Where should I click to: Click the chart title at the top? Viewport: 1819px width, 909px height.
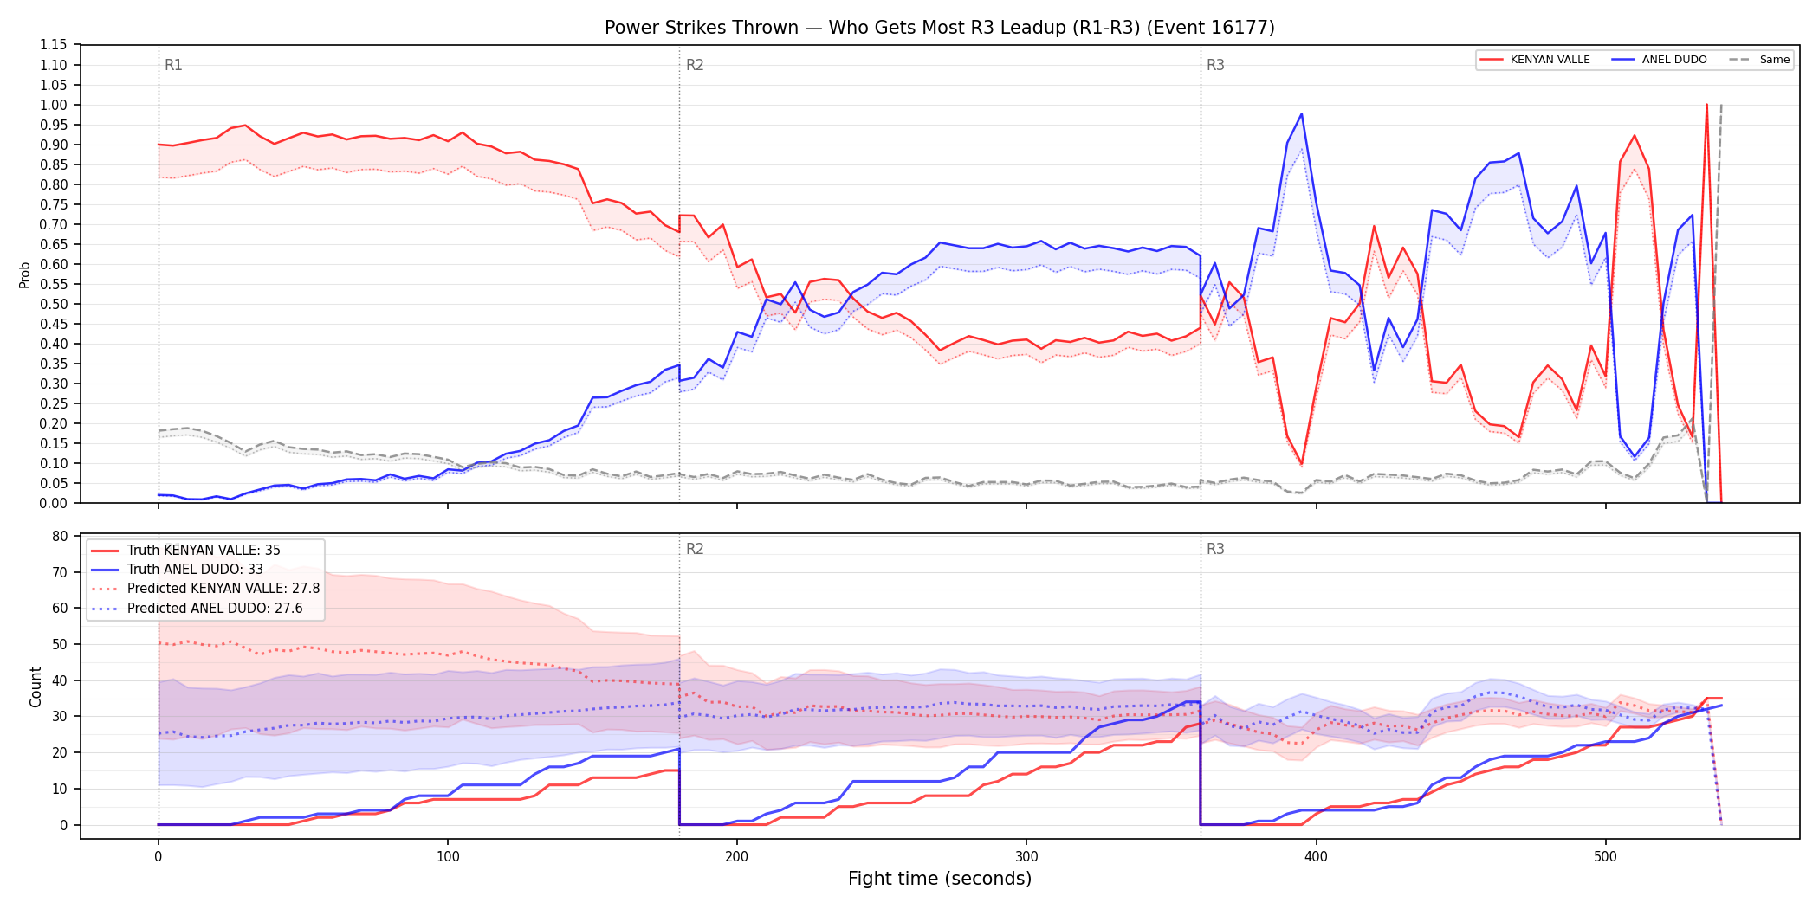pyautogui.click(x=940, y=28)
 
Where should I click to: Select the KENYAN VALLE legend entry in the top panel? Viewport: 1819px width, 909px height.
pyautogui.click(x=1535, y=60)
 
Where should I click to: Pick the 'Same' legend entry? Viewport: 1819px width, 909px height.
pyautogui.click(x=1759, y=60)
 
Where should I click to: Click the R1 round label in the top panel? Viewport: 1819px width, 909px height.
pyautogui.click(x=173, y=65)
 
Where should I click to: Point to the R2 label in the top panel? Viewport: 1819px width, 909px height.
pyautogui.click(x=695, y=65)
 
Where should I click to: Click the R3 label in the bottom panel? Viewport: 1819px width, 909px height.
pyautogui.click(x=1215, y=549)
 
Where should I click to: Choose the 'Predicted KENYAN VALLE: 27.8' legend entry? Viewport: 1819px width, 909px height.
pyautogui.click(x=205, y=589)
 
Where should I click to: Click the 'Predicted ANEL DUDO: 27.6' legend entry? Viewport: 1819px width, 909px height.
pyautogui.click(x=197, y=609)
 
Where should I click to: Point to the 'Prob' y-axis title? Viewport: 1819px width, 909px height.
pyautogui.click(x=25, y=274)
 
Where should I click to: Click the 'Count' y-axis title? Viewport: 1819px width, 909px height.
pyautogui.click(x=36, y=687)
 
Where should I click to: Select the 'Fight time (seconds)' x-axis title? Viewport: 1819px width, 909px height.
pyautogui.click(x=940, y=879)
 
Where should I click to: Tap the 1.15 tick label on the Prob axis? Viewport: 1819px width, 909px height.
pyautogui.click(x=53, y=45)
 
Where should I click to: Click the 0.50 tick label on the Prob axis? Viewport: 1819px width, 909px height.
pyautogui.click(x=53, y=304)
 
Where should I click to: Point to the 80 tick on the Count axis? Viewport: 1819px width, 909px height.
pyautogui.click(x=60, y=536)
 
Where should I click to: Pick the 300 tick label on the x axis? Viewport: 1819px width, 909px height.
pyautogui.click(x=1026, y=857)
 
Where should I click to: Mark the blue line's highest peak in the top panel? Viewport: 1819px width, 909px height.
pyautogui.click(x=1301, y=113)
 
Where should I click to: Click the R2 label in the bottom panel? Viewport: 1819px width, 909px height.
pyautogui.click(x=695, y=549)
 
